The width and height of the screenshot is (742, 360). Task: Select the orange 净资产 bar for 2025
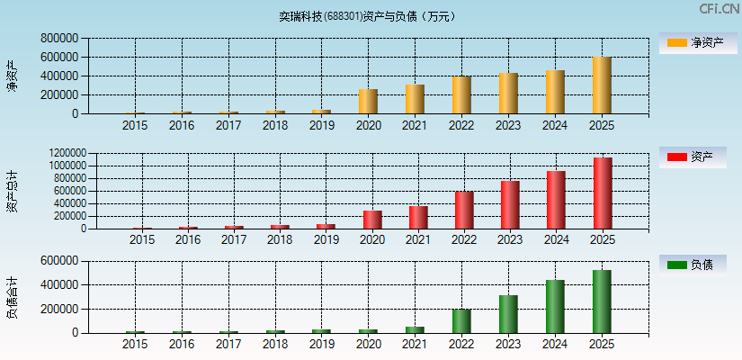[x=602, y=85]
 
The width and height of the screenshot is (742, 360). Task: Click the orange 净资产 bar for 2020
[x=368, y=101]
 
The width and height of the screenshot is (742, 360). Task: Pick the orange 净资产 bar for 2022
[x=461, y=94]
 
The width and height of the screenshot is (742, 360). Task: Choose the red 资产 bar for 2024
[x=556, y=200]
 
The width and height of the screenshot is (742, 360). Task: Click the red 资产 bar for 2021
[x=417, y=217]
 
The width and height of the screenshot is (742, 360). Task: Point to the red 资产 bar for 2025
[x=602, y=193]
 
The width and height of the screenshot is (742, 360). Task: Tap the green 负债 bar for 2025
[x=602, y=301]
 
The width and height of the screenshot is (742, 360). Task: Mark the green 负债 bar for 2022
[x=461, y=321]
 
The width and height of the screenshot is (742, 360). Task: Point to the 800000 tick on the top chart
[x=58, y=39]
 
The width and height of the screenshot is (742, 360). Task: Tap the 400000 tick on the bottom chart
[x=58, y=284]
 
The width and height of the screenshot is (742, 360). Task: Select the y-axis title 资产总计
[x=12, y=192]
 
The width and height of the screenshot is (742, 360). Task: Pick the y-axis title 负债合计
[x=12, y=298]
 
